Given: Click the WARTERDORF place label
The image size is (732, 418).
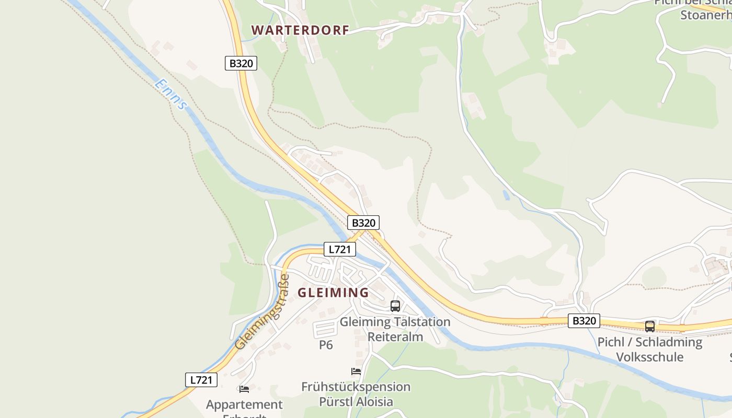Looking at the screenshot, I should pos(300,30).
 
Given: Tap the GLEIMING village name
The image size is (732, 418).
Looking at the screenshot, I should pos(333,293).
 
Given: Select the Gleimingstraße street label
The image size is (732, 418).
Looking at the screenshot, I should pos(263,312).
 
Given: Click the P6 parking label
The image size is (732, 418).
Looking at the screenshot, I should pos(326,345).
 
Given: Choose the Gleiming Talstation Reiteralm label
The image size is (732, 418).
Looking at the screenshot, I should pos(395,329).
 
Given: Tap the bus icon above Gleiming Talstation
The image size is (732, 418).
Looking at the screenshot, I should pos(395,306).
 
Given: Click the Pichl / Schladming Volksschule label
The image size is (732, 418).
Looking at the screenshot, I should pos(649,350).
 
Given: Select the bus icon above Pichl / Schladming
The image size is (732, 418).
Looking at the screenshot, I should pos(649,327).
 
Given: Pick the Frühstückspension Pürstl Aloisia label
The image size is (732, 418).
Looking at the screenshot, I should pos(356,394).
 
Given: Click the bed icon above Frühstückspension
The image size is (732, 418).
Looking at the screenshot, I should pos(356,371).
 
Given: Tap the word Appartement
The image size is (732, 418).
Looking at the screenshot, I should pos(244,404).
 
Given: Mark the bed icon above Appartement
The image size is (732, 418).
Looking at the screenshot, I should pos(244,389).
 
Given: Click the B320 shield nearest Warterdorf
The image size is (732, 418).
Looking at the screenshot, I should pos(241,63).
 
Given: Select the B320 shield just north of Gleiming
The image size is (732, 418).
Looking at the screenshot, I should pos(363,223).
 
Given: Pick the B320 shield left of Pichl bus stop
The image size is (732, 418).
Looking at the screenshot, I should pos(584,321).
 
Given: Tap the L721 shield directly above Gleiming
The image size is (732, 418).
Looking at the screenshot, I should pos(340,249).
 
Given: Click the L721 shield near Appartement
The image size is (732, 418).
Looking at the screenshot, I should pos(201,380).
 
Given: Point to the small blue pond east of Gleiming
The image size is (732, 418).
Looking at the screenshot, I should pos(506,195).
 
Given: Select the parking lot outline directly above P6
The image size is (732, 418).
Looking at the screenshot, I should pos(325,329).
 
